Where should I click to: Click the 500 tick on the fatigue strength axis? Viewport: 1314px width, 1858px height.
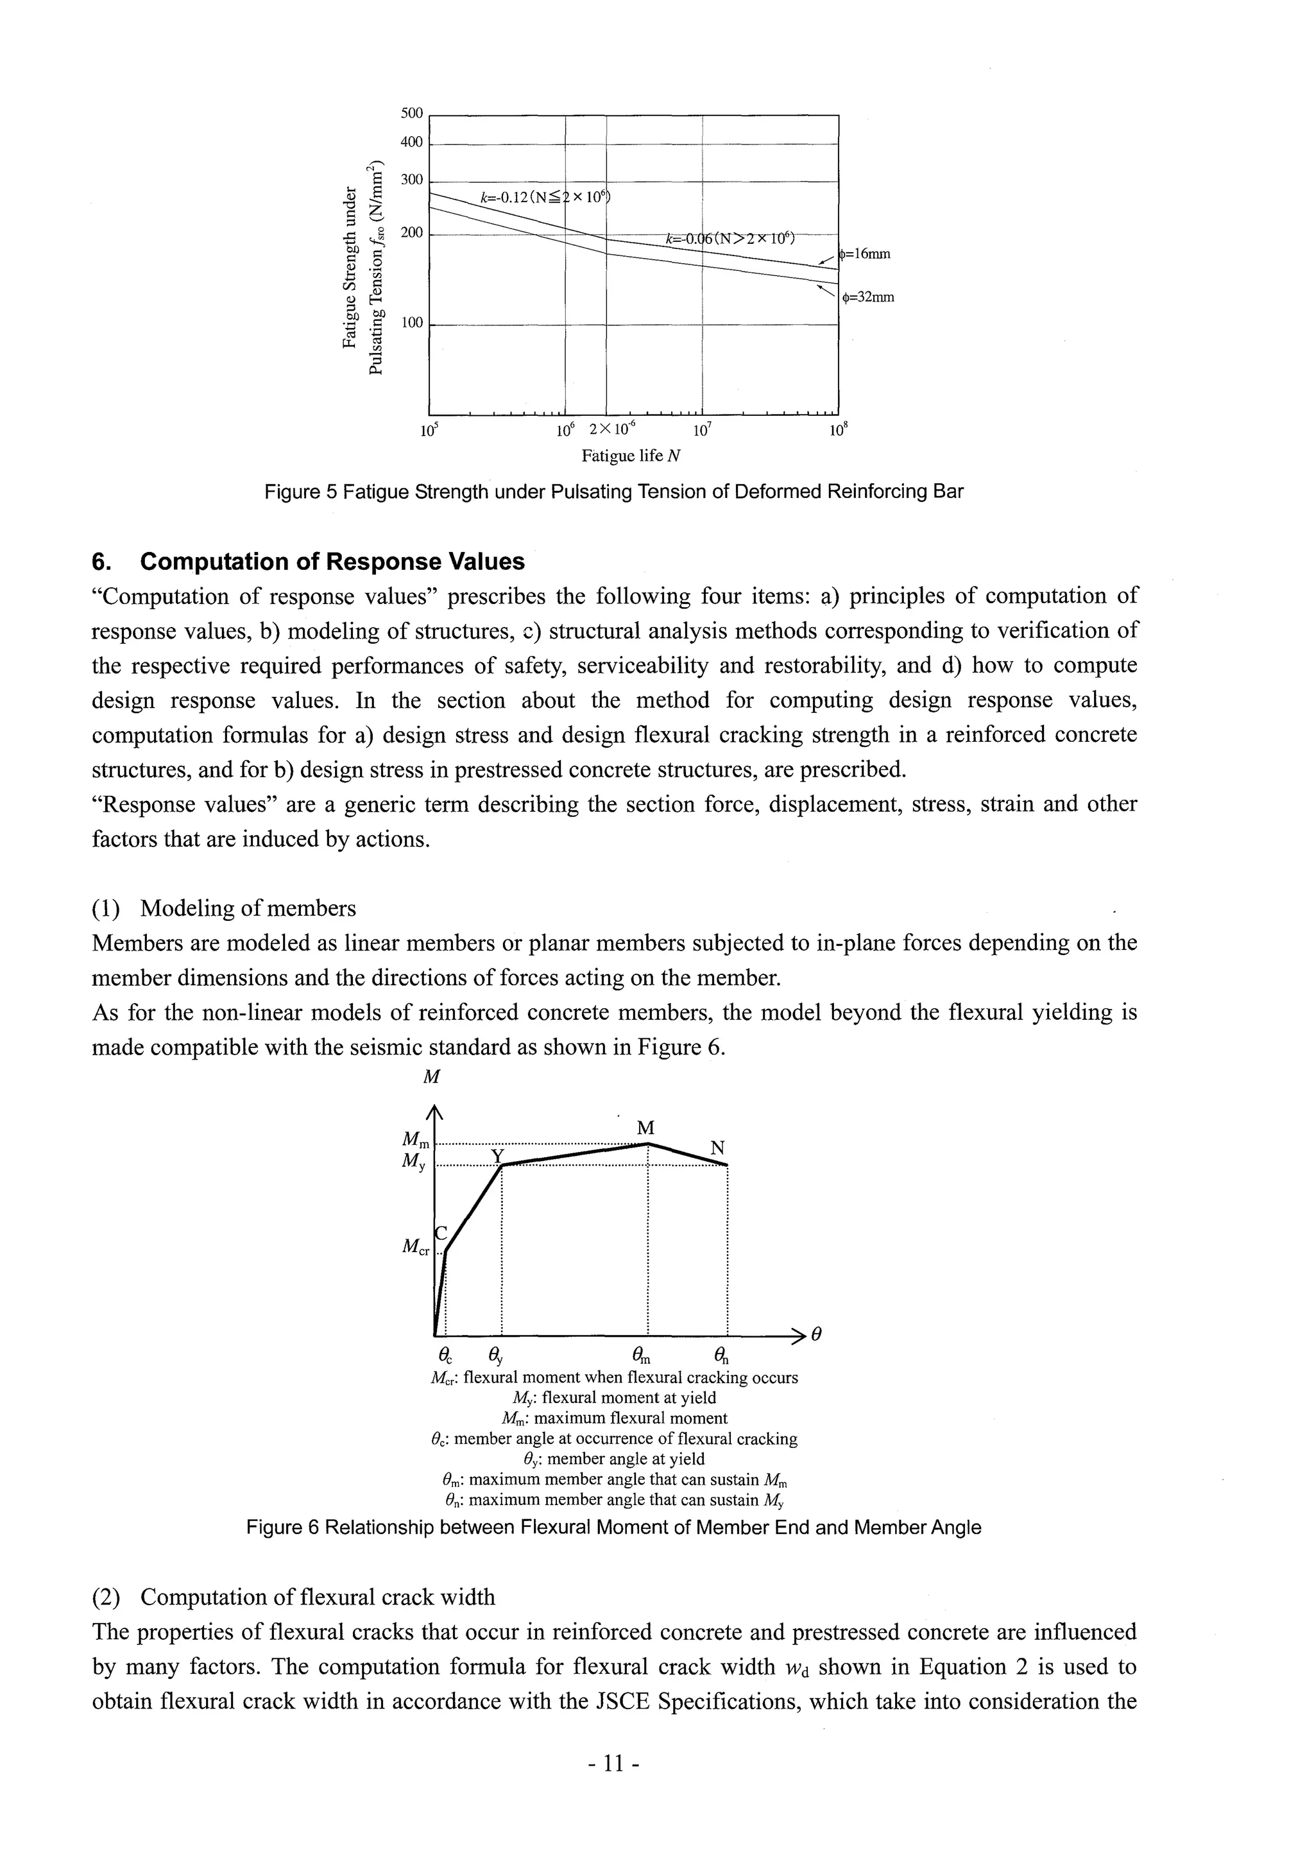tap(411, 114)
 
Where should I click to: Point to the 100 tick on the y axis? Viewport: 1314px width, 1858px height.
tap(411, 323)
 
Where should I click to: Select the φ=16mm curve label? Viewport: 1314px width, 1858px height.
tap(865, 254)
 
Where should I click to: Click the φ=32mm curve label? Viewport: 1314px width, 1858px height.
tap(868, 297)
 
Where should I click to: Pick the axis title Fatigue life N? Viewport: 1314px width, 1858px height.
tap(630, 456)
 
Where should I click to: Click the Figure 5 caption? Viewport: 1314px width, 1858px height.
tap(614, 492)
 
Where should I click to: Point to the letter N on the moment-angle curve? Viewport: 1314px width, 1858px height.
tap(717, 1148)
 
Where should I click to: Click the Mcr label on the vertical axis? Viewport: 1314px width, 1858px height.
tap(415, 1248)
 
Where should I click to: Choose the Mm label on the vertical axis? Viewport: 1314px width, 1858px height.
tap(415, 1139)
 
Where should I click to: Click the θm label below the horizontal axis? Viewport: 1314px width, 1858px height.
tap(641, 1355)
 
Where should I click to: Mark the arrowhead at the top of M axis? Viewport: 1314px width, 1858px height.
tap(435, 1113)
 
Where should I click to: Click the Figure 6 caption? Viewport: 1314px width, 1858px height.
tap(613, 1528)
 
